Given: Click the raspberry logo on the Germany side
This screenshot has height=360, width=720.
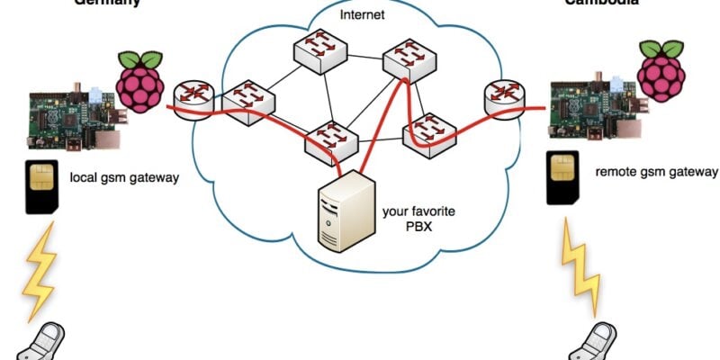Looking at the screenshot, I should [x=139, y=82].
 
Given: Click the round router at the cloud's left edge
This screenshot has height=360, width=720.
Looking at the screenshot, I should [x=191, y=95].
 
